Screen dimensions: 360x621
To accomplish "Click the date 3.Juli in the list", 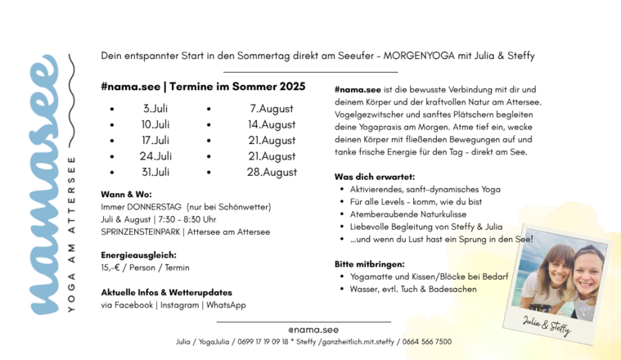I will pos(155,108).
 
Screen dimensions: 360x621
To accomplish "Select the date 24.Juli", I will pos(155,155).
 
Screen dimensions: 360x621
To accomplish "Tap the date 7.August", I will pos(272,108).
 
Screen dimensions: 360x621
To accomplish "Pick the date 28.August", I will pos(272,172).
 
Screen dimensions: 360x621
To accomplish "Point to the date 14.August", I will pos(272,124).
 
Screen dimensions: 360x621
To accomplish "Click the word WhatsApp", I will pos(224,304).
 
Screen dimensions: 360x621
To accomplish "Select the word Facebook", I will pos(133,304).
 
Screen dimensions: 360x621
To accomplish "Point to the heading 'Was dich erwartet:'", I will pos(375,176).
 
